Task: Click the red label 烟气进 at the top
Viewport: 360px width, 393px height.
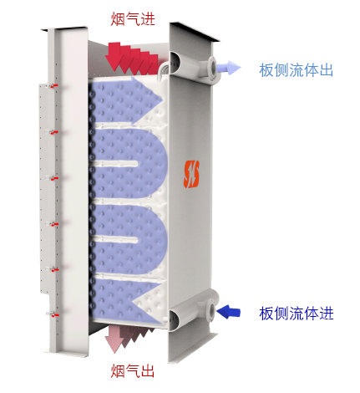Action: coord(133,19)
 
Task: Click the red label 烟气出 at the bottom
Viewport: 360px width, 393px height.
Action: coord(133,371)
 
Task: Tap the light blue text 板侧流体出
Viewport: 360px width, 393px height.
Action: coord(297,70)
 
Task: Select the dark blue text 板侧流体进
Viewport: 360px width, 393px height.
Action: coord(297,314)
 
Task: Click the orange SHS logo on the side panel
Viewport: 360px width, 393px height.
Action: coord(191,174)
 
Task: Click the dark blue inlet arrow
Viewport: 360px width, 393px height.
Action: coord(228,312)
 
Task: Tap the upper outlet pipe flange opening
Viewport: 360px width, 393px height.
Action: coord(213,67)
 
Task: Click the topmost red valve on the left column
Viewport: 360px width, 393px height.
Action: coord(55,86)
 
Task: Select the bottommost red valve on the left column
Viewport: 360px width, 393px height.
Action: coord(55,315)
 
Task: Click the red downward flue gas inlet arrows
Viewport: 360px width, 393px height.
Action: coord(132,59)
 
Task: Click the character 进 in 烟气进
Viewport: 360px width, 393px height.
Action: coord(148,19)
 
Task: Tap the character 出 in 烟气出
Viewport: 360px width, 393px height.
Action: coord(148,371)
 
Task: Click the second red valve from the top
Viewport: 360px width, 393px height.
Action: coord(55,132)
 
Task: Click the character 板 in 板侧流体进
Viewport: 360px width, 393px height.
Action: coord(266,314)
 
